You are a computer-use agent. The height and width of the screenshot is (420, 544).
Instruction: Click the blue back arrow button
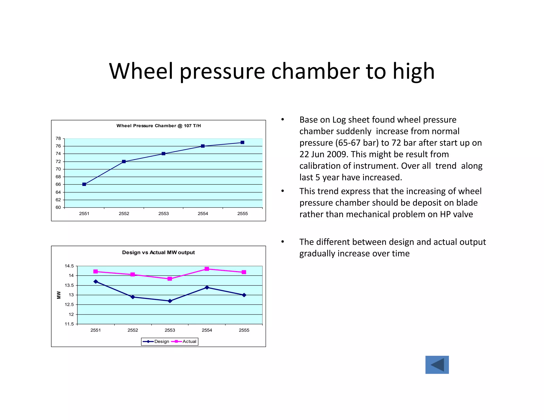(437, 365)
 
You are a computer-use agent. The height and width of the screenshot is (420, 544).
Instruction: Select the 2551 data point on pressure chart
(84, 184)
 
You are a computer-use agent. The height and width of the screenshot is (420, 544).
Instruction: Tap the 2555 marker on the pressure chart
(242, 143)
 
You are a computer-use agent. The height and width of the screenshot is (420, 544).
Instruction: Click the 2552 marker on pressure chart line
(124, 161)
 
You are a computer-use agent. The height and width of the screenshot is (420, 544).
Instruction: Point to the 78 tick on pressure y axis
(58, 139)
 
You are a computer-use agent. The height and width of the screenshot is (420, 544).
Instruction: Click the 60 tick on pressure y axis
(58, 207)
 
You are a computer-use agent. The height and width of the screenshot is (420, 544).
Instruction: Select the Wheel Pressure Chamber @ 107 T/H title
(159, 126)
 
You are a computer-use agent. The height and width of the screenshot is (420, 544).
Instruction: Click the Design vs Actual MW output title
(158, 252)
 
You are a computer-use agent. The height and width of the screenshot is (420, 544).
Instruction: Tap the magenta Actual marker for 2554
(207, 269)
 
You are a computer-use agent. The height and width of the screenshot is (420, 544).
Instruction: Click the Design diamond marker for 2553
(170, 301)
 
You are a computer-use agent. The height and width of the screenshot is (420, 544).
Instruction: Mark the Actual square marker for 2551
(96, 272)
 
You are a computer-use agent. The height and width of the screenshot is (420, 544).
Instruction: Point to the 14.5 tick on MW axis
(69, 266)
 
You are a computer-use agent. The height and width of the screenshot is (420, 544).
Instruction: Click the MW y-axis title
(59, 295)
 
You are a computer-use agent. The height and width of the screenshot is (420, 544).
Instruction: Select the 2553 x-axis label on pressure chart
(163, 214)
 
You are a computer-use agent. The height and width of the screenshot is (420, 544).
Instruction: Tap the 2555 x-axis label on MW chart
(244, 330)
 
